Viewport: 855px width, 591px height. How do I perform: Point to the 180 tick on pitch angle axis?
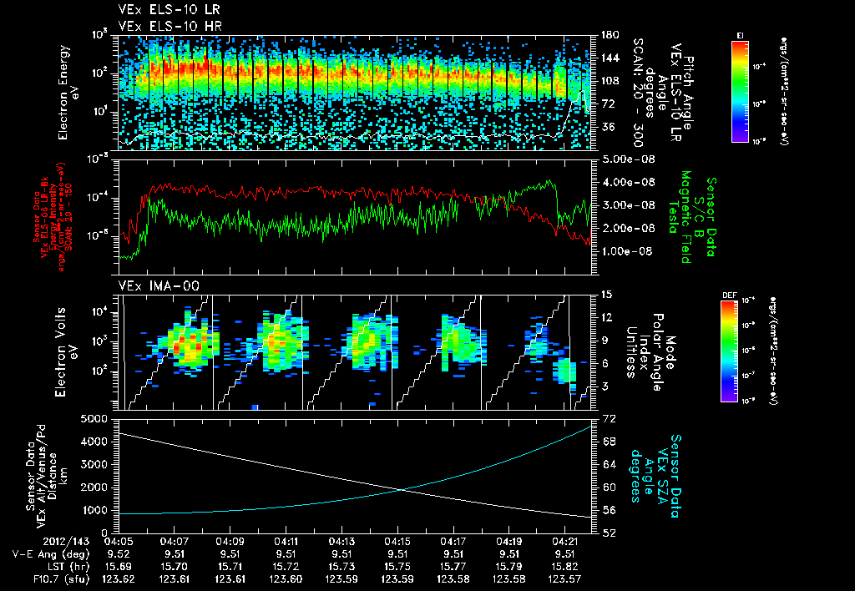point(607,34)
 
